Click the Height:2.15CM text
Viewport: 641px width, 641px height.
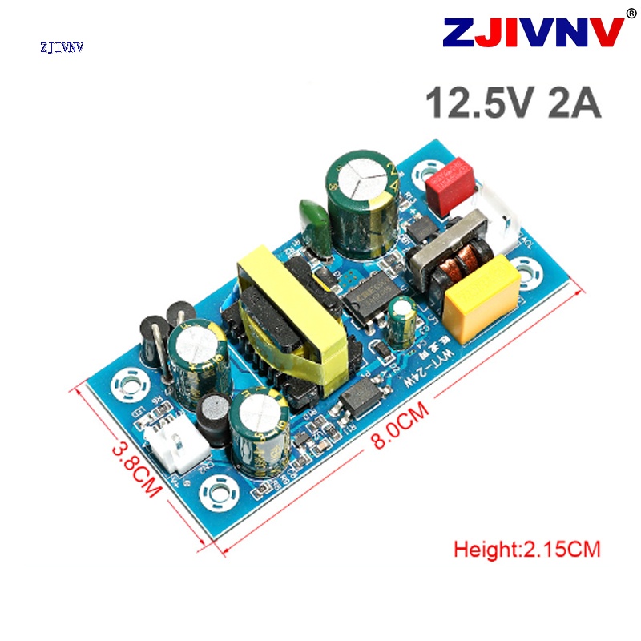click(x=526, y=550)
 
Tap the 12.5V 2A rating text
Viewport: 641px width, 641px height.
click(x=513, y=103)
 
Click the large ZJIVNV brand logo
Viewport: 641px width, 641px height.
click(x=533, y=34)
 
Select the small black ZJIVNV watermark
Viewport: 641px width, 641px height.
click(x=62, y=47)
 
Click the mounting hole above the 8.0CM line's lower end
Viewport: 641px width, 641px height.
click(x=218, y=494)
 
